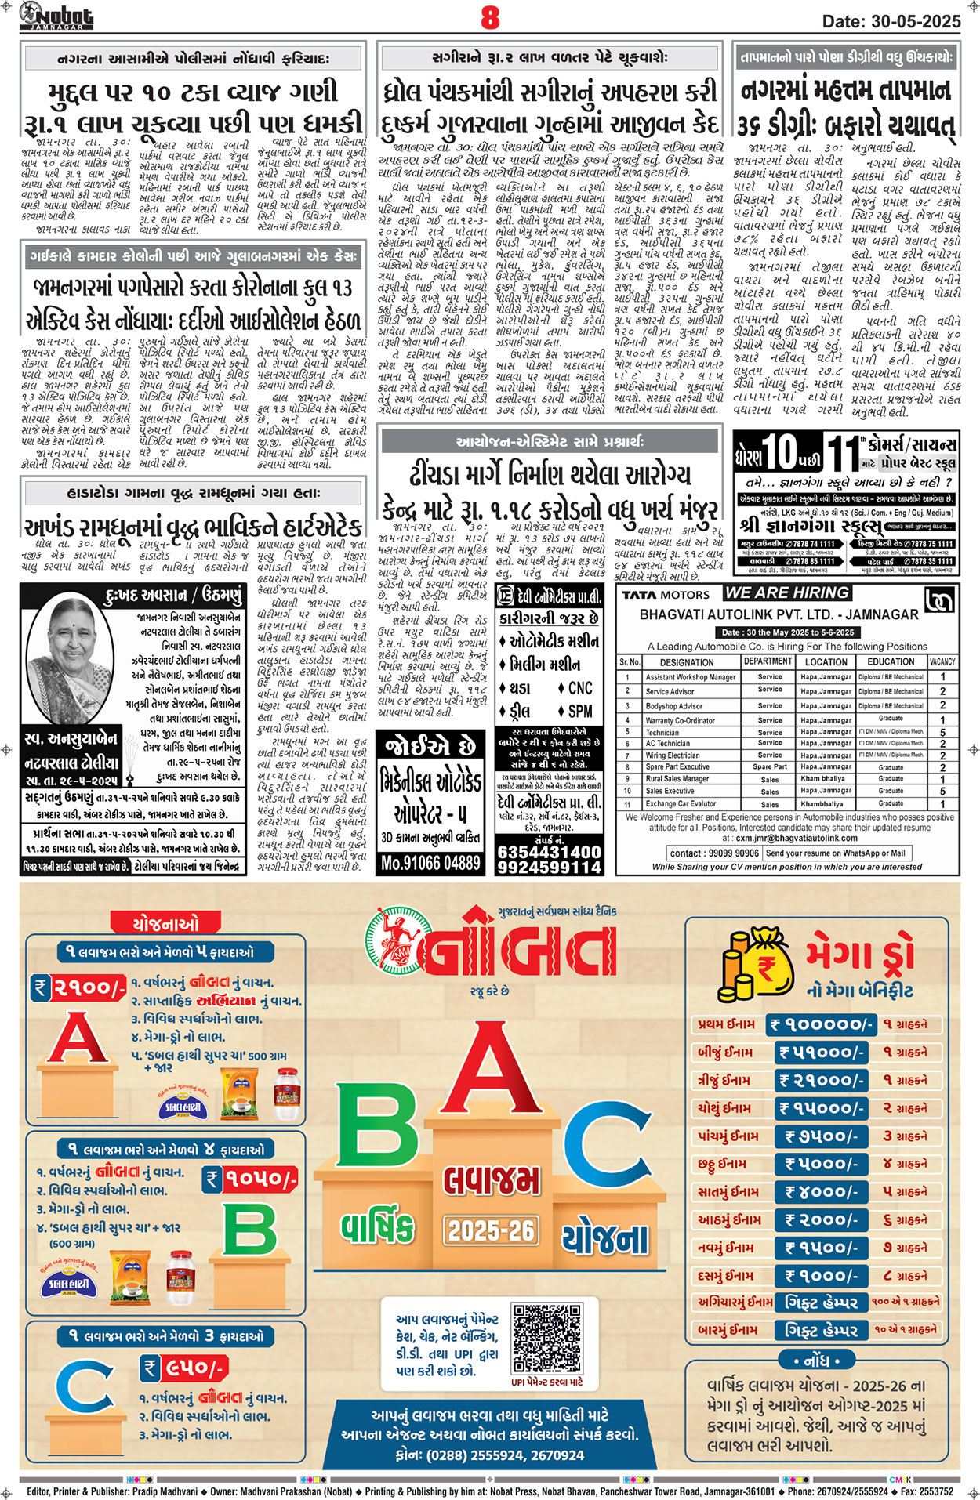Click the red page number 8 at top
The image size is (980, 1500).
490,17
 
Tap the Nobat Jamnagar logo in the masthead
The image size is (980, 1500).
56,16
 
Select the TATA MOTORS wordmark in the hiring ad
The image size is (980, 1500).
665,595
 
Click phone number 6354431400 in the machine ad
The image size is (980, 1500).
549,851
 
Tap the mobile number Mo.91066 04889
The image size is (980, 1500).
430,863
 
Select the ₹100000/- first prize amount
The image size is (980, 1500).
821,1024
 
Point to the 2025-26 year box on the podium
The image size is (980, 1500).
491,1230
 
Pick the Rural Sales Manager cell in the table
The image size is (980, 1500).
677,779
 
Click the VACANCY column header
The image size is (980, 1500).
942,661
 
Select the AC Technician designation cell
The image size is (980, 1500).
667,743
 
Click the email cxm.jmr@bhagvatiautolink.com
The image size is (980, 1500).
791,838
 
